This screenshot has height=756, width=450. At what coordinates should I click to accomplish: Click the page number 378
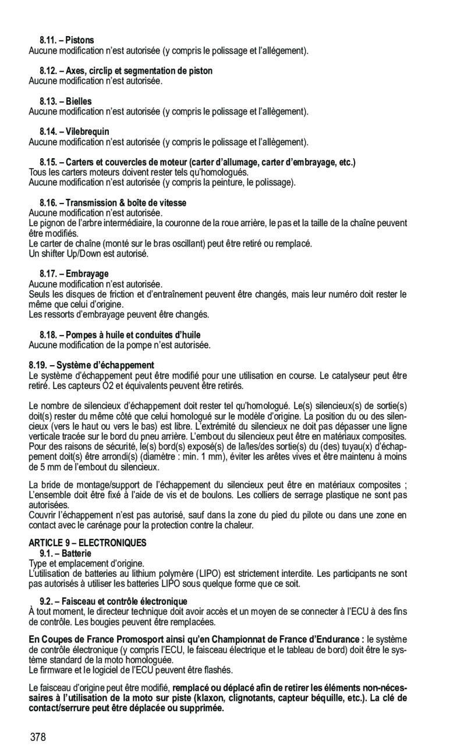[39, 738]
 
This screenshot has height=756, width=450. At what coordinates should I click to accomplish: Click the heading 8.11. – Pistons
[67, 40]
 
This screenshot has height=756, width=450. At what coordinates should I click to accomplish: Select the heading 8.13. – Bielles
[66, 101]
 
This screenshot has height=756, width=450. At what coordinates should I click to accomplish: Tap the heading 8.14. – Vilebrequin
[75, 132]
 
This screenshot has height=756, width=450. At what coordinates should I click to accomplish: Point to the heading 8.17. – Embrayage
[75, 273]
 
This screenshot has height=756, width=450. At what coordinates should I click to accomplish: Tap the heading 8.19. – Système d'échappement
[91, 365]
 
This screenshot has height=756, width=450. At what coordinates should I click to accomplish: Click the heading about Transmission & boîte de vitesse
[113, 202]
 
